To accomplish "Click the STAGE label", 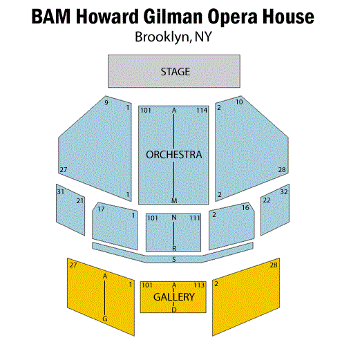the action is tap(176, 72).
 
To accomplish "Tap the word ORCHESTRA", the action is tap(174, 155).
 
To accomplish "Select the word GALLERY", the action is tap(174, 297).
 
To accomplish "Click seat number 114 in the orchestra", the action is tap(202, 111).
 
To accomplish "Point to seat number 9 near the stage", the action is tap(106, 102).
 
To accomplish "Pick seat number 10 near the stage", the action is tap(239, 102).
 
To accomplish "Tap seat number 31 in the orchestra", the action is tap(61, 191).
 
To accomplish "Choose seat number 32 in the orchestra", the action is tap(284, 191).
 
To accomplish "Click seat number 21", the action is tap(80, 201).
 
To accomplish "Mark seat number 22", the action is tap(267, 200).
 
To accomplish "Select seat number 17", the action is tap(101, 209).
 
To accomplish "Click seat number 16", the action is tap(245, 208).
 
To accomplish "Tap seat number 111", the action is tap(195, 218).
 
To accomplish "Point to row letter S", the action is tap(174, 260).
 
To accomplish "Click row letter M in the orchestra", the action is tap(174, 200).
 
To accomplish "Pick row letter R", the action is tap(174, 248).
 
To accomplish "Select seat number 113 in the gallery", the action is tap(199, 285).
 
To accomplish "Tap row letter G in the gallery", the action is tap(105, 319).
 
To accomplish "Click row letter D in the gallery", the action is tap(174, 310).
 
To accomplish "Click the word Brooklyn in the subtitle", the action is tap(162, 37).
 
